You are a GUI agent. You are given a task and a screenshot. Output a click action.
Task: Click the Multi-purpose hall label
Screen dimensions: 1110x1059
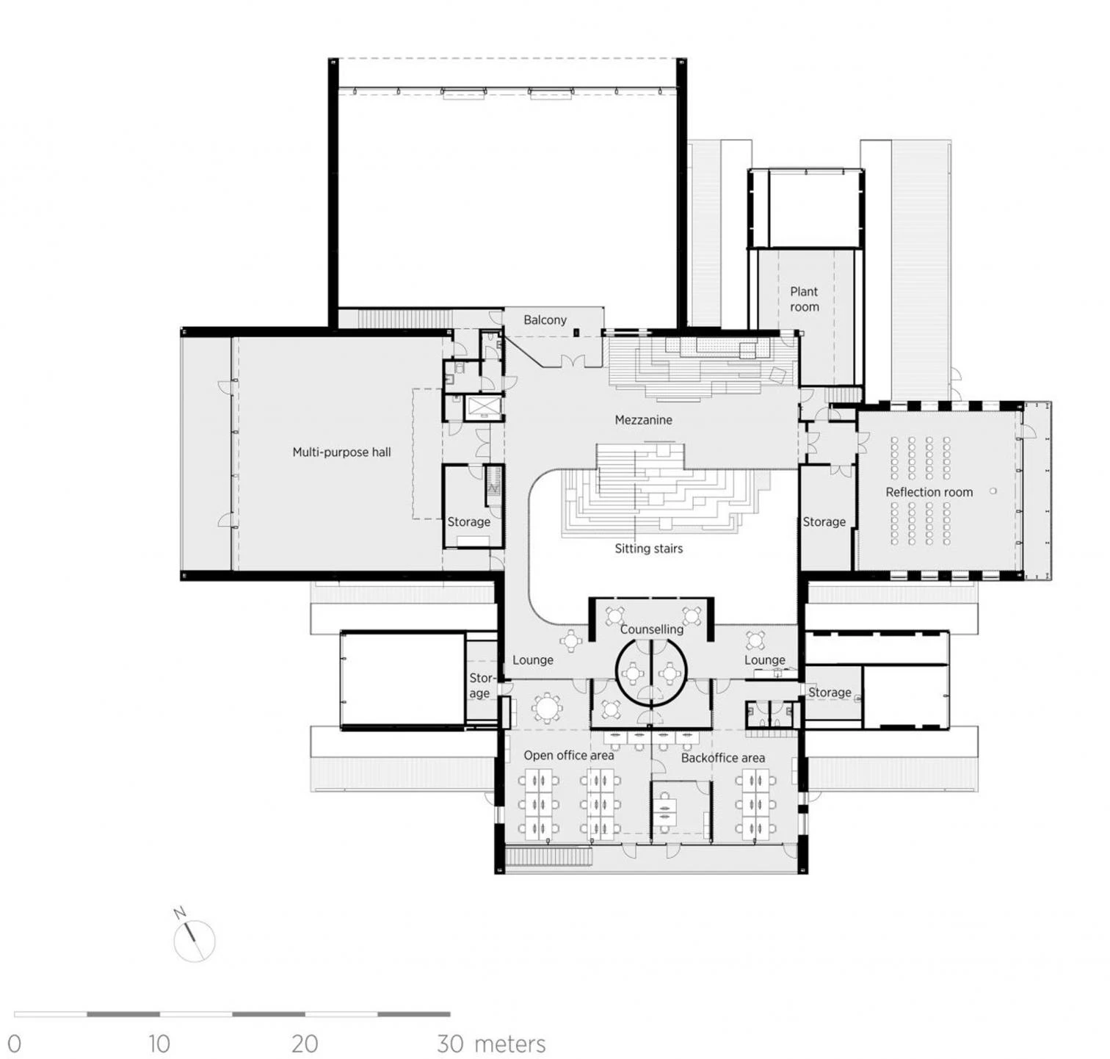pos(341,452)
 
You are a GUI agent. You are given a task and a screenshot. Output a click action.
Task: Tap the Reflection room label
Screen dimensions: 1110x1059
pos(929,492)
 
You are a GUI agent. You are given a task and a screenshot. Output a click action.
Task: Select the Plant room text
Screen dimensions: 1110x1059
pos(804,299)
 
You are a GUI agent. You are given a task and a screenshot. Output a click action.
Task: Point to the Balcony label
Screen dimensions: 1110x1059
pos(545,320)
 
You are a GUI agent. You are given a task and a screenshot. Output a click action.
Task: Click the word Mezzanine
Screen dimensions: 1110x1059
pos(643,420)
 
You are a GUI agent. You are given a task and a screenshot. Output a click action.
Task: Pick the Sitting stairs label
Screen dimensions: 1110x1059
pos(648,549)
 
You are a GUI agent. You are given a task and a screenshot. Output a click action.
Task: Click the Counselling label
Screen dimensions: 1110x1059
pos(651,629)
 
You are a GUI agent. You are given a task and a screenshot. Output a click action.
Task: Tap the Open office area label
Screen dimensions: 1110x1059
pos(568,756)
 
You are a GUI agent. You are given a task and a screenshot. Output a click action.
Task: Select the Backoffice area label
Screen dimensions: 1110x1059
pos(722,758)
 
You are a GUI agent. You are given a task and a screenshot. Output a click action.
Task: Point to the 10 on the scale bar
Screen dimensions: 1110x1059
pos(159,1044)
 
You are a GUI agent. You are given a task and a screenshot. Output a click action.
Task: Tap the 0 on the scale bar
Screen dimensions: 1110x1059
pos(14,1044)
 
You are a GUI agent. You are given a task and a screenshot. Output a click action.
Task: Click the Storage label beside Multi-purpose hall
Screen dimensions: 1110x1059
pos(468,522)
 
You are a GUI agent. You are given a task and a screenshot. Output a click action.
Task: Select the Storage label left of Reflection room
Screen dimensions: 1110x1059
pos(824,522)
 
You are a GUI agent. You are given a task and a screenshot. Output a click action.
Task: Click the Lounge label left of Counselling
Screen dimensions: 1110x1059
pos(533,660)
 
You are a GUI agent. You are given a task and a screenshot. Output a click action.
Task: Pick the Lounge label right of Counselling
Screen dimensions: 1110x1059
pos(764,660)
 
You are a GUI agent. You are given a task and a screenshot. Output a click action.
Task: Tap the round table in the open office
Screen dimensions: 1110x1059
pos(546,708)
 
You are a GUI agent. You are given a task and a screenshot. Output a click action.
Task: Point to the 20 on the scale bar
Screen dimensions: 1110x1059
pos(304,1044)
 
